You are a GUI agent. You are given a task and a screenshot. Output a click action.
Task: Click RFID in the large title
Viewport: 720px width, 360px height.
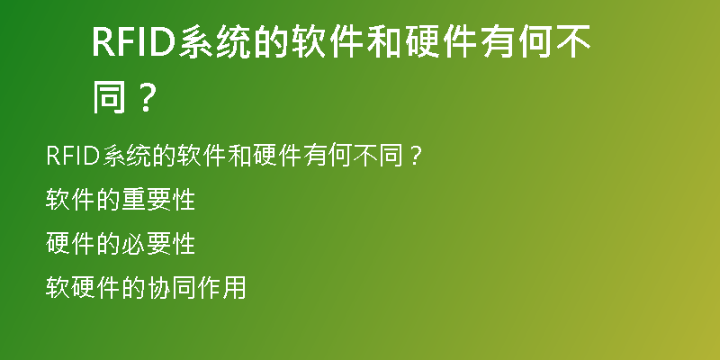pos(134,42)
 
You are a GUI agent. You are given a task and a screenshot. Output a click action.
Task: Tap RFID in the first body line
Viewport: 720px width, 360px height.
pos(73,156)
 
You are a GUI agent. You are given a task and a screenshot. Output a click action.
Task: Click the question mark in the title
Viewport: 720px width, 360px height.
pos(145,97)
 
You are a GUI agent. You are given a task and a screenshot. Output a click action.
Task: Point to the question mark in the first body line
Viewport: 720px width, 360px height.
pos(415,156)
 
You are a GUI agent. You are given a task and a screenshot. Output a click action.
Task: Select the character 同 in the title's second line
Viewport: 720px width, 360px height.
pos(109,97)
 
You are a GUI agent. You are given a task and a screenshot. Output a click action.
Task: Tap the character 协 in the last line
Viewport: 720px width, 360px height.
pos(159,288)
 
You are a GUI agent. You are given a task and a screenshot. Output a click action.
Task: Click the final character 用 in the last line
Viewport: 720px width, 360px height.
pos(234,288)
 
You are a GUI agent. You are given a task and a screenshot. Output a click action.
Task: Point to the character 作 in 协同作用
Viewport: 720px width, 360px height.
pos(210,288)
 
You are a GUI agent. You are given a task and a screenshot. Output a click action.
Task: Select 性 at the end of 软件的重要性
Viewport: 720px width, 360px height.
pos(184,200)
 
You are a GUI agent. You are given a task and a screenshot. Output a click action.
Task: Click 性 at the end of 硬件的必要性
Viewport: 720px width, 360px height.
pos(184,244)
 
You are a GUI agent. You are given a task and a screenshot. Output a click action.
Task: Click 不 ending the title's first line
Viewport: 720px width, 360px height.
pos(573,42)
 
